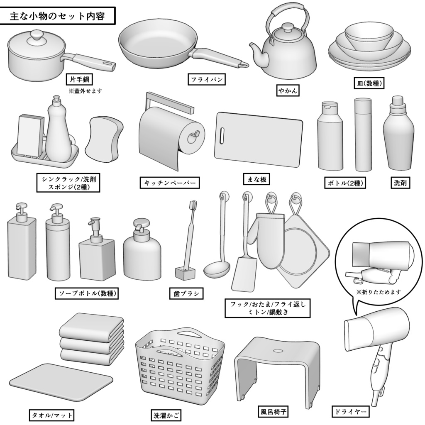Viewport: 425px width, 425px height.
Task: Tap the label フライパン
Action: click(206, 79)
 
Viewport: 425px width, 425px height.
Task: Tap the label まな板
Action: click(257, 179)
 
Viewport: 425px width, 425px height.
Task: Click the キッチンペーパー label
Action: click(169, 183)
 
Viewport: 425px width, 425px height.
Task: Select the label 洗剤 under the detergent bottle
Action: click(400, 183)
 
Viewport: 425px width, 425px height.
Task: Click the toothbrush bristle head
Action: click(193, 206)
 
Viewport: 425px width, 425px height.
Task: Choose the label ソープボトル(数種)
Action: click(87, 293)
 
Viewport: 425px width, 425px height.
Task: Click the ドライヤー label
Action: click(350, 412)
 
